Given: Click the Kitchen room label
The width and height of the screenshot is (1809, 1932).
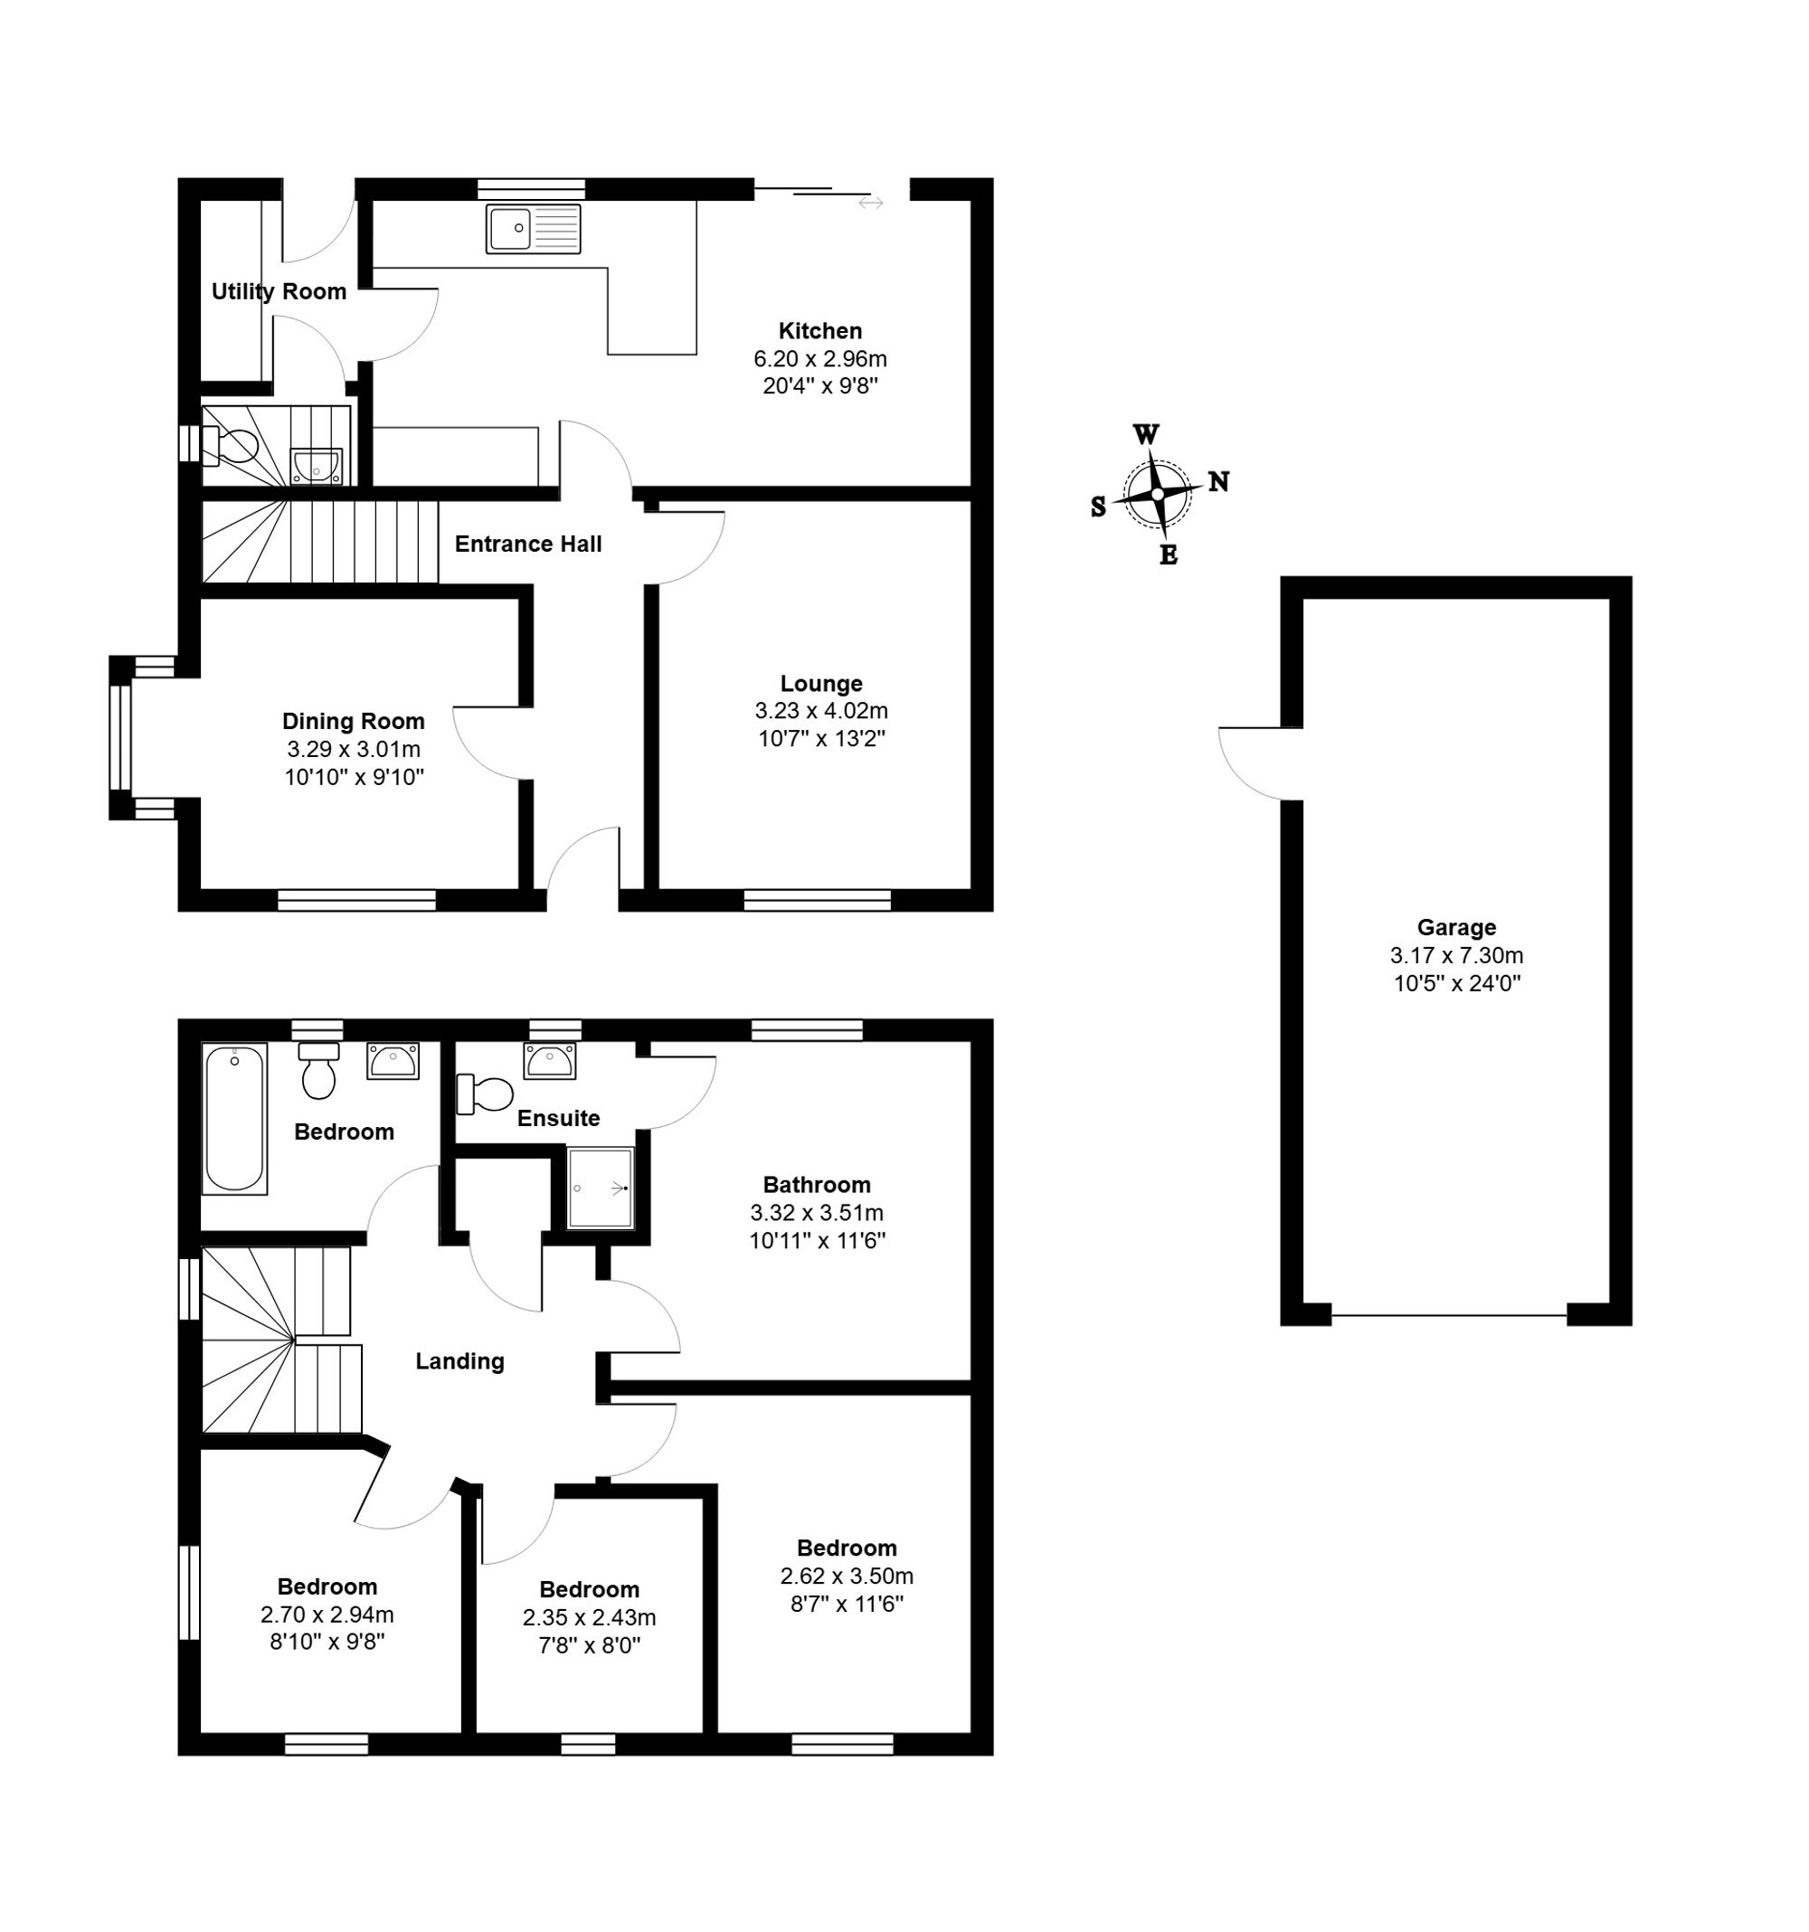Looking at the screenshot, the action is (819, 330).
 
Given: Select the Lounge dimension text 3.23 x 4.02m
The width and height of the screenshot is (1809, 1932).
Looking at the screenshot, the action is (820, 710).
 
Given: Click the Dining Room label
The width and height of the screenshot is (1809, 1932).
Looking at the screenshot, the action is (353, 721).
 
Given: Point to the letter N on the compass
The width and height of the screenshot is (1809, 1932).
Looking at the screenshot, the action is (1218, 481).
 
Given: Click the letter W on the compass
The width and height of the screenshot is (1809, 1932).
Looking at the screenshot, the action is (1146, 433).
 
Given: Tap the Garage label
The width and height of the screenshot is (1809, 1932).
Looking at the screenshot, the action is (1455, 927).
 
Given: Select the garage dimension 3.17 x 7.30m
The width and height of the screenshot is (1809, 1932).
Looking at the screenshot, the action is (1456, 955).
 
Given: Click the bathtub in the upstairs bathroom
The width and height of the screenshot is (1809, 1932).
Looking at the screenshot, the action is (234, 1119).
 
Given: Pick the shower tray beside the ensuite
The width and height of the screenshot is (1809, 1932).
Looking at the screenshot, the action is (600, 1188).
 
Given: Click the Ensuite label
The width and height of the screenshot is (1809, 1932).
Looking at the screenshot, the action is (558, 1118).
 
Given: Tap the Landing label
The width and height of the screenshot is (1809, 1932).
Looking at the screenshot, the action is (459, 1361).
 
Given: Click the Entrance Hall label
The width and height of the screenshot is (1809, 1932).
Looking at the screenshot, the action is (528, 545).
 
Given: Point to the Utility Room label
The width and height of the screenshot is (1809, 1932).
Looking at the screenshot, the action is (279, 291).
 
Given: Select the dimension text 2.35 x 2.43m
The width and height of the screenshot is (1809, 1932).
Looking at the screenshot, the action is (589, 1617).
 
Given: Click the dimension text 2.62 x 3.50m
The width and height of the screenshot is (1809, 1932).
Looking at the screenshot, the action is (846, 1576).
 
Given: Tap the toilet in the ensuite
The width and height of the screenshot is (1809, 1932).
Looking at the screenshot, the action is (485, 1094).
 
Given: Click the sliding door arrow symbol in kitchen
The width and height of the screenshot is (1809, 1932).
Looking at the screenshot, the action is (870, 202).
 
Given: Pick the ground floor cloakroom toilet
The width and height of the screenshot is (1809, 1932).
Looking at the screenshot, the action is (231, 447).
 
